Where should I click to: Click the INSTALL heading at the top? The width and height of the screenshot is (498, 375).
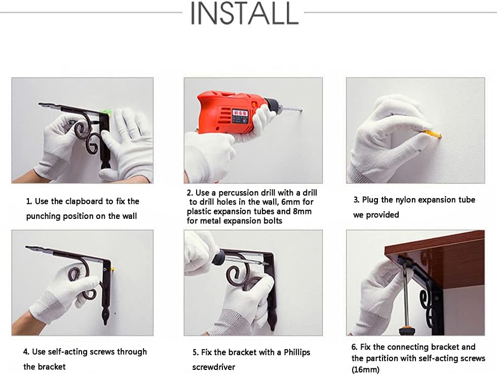pos(244,14)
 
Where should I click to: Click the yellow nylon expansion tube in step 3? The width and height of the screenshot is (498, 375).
pos(434,134)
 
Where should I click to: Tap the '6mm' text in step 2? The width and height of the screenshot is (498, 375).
pos(289,202)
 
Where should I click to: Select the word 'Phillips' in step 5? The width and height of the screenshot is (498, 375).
pos(297,352)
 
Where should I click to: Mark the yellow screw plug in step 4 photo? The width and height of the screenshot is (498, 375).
pos(112,270)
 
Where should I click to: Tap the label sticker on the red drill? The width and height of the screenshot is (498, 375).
pos(239,113)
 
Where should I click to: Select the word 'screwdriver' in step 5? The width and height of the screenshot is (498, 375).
pos(214,367)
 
